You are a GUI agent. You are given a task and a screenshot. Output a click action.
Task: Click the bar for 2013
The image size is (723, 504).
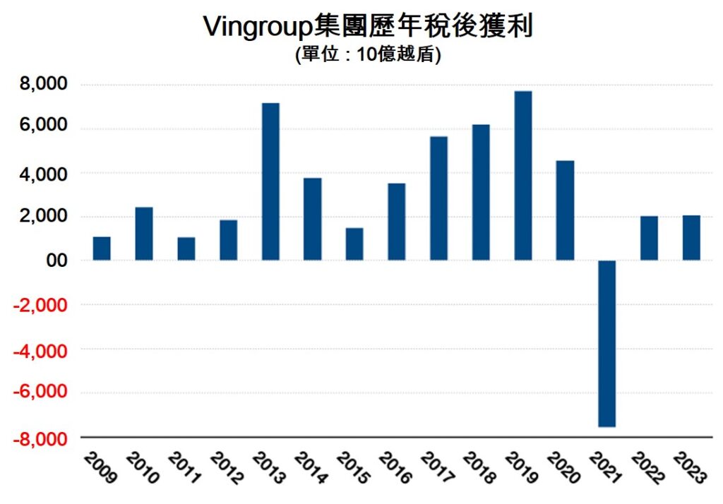270,181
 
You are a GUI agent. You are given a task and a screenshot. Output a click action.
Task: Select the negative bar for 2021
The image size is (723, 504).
607,343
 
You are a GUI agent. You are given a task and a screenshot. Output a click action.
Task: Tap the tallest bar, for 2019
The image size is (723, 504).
522,176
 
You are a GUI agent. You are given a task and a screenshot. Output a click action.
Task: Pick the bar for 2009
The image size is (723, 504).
102,248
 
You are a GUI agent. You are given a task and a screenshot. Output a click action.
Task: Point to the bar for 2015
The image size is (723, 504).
354,244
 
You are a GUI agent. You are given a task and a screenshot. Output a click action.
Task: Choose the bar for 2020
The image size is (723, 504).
565,210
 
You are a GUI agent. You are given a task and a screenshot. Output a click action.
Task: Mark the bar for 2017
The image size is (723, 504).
438,198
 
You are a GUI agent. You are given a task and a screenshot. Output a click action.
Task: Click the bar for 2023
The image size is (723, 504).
691,238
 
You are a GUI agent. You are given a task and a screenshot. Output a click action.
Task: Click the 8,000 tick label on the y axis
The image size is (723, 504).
42,85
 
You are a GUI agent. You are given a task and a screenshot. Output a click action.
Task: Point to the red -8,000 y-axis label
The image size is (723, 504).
40,439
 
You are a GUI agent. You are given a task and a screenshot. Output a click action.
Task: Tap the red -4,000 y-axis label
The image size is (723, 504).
40,350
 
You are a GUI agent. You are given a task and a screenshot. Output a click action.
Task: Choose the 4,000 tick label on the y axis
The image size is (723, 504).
42,173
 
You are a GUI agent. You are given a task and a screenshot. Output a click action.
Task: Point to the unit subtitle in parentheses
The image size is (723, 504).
368,56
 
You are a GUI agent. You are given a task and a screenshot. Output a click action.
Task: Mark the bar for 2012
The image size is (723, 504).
228,240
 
